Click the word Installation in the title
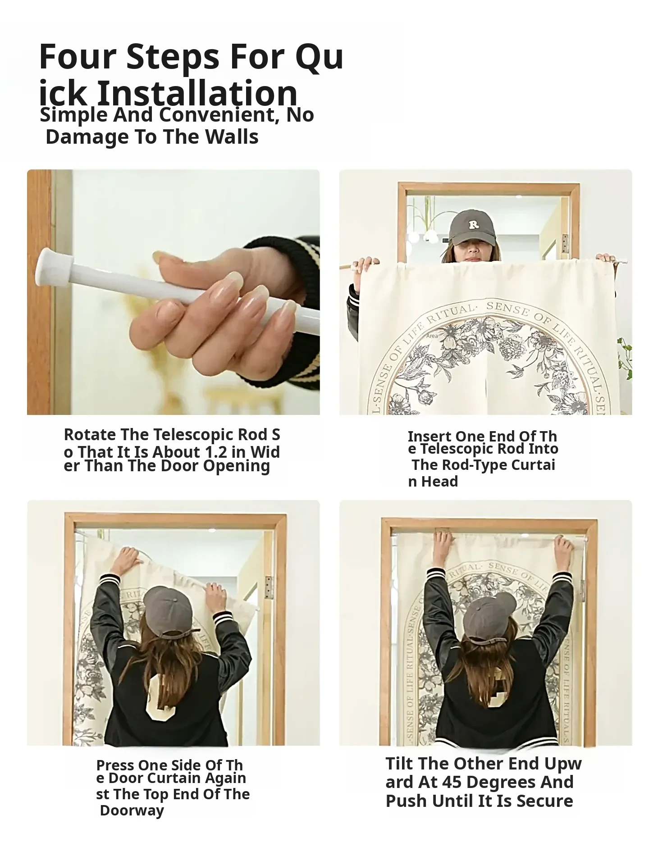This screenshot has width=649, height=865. (197, 93)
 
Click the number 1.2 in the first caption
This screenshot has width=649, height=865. (215, 452)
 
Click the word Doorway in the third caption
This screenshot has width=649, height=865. (132, 810)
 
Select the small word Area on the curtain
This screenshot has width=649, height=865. (432, 336)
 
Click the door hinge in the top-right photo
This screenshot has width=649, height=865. (565, 243)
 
